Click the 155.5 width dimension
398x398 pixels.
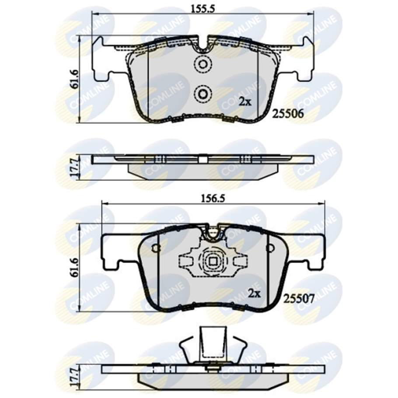[x=202, y=8]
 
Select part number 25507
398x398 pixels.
[x=299, y=299]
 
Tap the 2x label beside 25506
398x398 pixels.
[x=245, y=102]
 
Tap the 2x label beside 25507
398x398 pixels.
[x=254, y=293]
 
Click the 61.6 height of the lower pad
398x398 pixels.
[x=75, y=268]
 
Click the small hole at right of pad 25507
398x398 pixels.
[x=270, y=248]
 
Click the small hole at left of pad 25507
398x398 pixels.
[x=154, y=248]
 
